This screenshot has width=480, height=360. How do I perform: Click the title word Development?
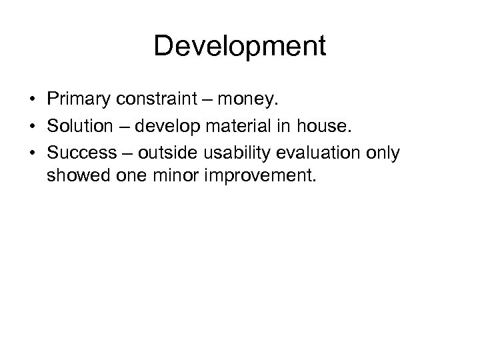240,47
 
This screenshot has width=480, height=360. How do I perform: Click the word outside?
166,153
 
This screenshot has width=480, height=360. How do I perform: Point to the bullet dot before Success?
32,154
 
